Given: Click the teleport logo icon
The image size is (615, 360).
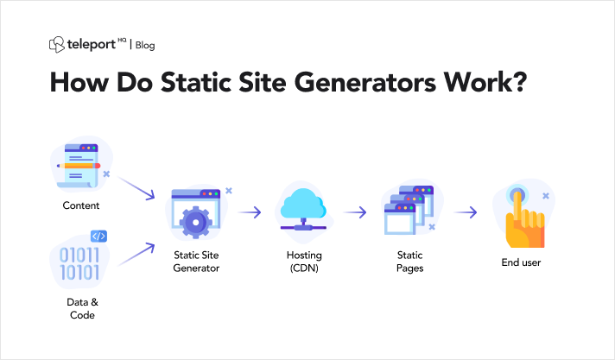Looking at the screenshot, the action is click(56, 45).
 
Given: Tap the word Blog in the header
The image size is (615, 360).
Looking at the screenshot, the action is click(145, 46).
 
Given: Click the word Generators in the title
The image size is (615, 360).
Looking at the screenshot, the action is click(365, 82).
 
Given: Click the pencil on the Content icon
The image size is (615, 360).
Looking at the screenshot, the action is click(79, 166).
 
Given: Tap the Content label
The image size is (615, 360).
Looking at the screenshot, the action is click(81, 205).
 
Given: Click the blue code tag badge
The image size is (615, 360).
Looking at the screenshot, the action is click(98, 236).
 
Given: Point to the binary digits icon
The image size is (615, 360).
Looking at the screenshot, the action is click(79, 264).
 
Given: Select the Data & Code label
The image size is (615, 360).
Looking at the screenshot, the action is click(82, 308).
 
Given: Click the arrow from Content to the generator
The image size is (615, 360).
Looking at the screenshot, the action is click(136, 188).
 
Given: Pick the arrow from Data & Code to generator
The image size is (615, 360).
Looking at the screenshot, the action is click(136, 254).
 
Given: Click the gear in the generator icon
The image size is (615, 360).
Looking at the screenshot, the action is click(196, 223).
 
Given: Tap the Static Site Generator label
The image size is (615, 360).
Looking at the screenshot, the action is click(196, 262).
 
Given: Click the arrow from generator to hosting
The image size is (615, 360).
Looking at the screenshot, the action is click(250, 212).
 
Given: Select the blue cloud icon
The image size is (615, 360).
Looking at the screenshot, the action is click(303, 204).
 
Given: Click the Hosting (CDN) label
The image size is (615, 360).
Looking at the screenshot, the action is click(304, 262).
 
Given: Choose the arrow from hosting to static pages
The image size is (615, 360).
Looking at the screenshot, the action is click(355, 212).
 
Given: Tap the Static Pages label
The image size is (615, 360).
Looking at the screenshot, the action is click(410, 262).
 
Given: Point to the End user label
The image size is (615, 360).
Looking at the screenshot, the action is click(521, 262).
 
